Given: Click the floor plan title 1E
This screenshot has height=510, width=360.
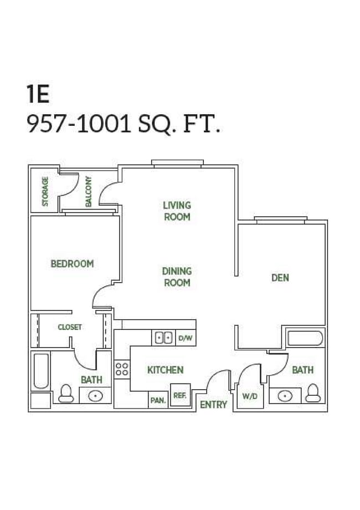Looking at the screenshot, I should tap(38, 95).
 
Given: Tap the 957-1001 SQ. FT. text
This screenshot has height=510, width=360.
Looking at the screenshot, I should tap(124, 125).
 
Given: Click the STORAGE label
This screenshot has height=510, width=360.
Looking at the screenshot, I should tap(45, 191).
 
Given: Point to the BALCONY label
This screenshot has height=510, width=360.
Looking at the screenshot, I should tap(89, 191).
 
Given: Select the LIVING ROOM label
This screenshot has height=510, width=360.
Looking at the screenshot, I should tap(177, 211).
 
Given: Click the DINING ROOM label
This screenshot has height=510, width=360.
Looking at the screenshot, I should tap(177, 277).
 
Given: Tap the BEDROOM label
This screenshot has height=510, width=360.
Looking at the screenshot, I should tap(72, 264).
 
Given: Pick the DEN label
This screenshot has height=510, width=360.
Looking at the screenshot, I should tap(280, 278).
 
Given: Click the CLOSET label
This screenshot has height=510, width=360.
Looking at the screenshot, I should tap(70, 327).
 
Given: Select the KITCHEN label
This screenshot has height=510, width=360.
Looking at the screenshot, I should tap(165, 370).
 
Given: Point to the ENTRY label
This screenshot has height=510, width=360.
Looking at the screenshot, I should tap(214, 405).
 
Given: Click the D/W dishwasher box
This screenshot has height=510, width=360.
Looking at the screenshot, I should tap(186, 338).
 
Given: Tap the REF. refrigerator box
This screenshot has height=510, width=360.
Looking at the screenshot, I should tap(180, 395).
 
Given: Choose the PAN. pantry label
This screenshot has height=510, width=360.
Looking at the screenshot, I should tap(158, 400).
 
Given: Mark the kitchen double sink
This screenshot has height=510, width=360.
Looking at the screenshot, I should tap(164, 338).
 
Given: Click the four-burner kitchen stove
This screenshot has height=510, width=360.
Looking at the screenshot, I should tap(122, 369).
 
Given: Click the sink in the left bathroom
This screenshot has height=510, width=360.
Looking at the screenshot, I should tap(95, 396).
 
